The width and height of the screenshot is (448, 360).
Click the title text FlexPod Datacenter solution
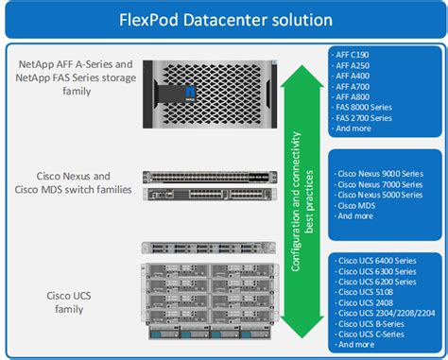[x=224, y=19]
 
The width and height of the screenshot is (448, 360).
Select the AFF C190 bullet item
[x=357, y=55]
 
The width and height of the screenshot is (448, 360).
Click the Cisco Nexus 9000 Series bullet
[x=379, y=174]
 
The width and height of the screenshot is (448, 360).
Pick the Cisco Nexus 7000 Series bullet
[x=379, y=184]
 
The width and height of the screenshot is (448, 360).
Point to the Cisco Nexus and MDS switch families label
[x=72, y=181]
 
